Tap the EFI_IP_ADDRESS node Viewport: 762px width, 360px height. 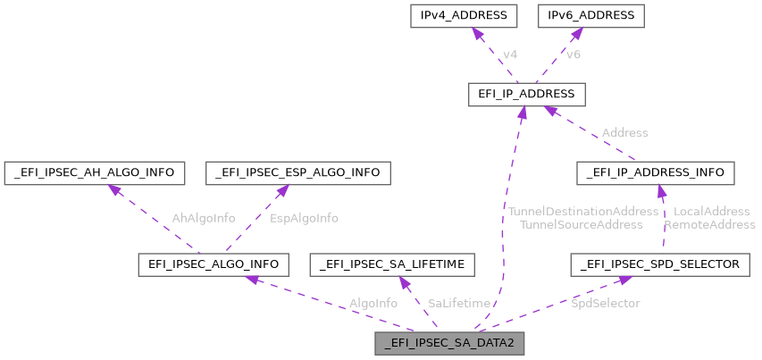coord(526,94)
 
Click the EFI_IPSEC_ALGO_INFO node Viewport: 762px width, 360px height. coord(213,264)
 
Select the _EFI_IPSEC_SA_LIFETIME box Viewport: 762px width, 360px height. coord(392,264)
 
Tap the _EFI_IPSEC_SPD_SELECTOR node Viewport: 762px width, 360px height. coord(659,264)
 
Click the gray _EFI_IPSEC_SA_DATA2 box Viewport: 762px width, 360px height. coord(449,343)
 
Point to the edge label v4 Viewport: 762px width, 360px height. coord(509,54)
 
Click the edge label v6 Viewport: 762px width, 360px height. coord(573,54)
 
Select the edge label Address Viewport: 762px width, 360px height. coord(624,132)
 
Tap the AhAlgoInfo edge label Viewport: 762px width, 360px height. coord(205,217)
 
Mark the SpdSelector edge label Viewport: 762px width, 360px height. coord(605,303)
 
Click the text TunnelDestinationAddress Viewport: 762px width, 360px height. coord(582,211)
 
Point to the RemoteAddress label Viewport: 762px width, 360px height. coord(709,224)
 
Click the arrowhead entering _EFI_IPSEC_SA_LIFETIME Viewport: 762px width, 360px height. coord(403,280)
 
